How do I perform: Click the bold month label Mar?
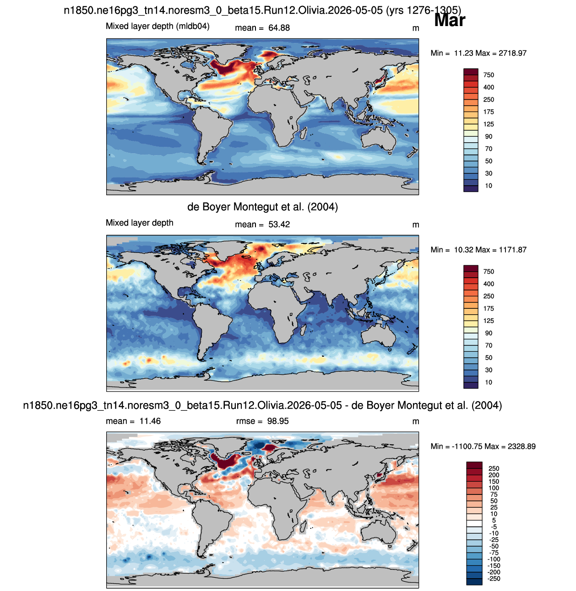click(x=450, y=20)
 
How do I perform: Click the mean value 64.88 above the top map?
click(x=279, y=28)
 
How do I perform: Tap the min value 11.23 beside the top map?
click(x=463, y=53)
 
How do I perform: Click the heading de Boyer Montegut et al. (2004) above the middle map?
click(x=262, y=207)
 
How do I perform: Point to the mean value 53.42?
click(x=279, y=225)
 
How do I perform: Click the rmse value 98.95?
click(x=278, y=421)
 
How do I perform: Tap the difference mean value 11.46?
click(x=150, y=421)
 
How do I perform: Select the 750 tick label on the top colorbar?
click(x=489, y=75)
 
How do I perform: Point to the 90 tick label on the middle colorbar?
click(x=489, y=333)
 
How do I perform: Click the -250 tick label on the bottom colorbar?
click(x=494, y=579)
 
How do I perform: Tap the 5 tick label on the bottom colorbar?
click(x=494, y=521)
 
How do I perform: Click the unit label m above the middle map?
click(x=415, y=225)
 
